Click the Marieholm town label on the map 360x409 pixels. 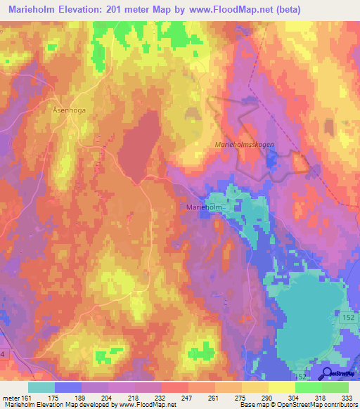[205, 207]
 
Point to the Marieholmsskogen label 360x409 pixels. [243, 144]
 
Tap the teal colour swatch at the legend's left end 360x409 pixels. [41, 387]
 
